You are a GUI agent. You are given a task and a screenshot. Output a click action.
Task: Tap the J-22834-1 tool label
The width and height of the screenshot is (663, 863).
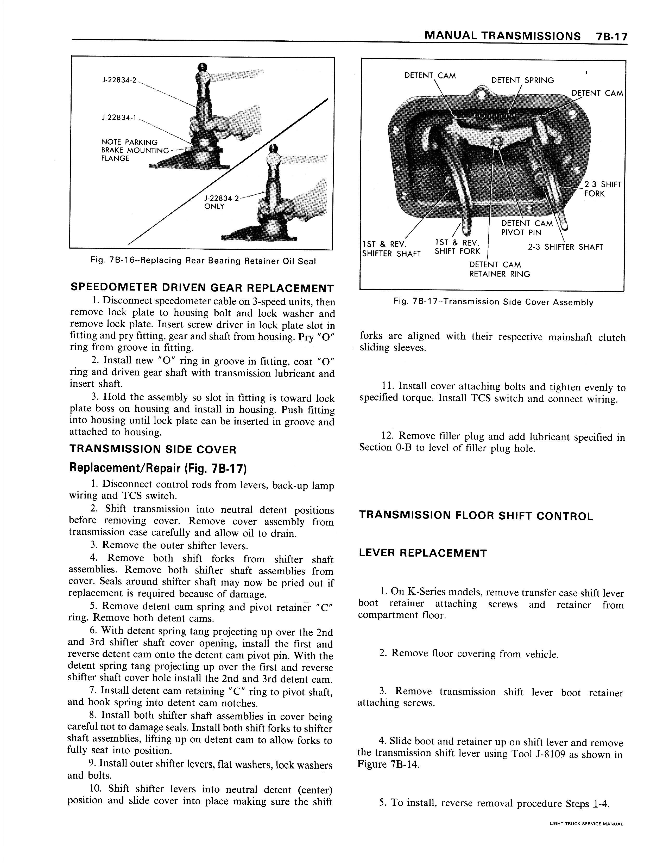[x=119, y=117]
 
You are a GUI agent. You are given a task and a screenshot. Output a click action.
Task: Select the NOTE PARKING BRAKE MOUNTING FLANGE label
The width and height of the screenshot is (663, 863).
[x=129, y=150]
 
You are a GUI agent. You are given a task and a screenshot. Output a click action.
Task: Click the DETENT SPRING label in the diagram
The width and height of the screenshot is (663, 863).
[x=522, y=80]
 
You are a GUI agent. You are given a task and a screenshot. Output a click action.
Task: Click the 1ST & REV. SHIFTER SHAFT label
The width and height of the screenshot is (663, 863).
[x=391, y=248]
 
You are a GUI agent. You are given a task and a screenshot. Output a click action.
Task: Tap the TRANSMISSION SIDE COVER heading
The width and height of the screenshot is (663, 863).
[x=153, y=449]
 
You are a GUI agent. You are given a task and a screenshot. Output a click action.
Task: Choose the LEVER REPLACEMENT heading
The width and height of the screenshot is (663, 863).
[x=423, y=553]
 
